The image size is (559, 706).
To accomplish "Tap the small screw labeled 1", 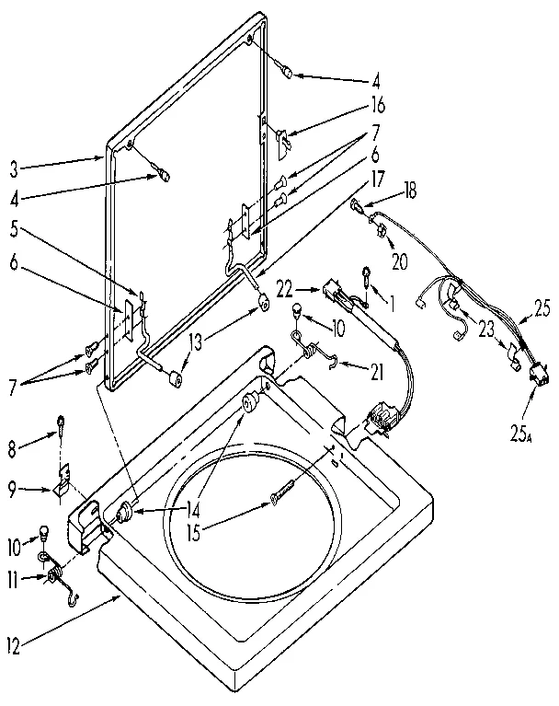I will pos(366,276).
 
